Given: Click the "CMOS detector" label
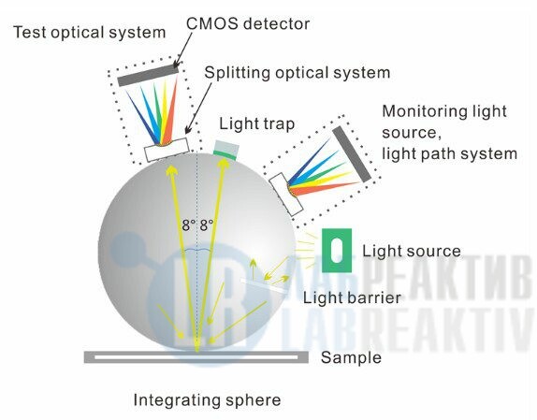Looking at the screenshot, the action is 248,23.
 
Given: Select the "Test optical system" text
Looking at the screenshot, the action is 90,33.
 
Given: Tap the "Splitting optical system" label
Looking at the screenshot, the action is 298,73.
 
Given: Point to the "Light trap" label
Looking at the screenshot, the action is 257,123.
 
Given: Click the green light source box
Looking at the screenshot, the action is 337,250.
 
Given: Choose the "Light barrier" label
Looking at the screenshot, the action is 352,297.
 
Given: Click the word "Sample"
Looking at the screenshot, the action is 351,357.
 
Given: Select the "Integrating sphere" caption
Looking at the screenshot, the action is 207,399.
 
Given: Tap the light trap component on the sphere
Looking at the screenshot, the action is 226,150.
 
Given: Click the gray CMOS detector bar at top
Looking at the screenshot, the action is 148,76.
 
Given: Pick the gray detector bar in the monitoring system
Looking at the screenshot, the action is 352,154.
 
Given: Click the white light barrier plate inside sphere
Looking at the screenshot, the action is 264,285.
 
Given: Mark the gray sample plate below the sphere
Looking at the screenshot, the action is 196,357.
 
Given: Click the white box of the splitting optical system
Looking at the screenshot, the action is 167,150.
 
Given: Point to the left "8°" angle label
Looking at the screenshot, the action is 189,225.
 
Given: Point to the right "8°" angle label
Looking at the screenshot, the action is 207,225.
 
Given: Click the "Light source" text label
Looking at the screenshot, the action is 412,251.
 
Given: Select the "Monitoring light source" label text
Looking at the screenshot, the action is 444,122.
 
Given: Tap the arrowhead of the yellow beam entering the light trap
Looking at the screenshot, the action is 223,164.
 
